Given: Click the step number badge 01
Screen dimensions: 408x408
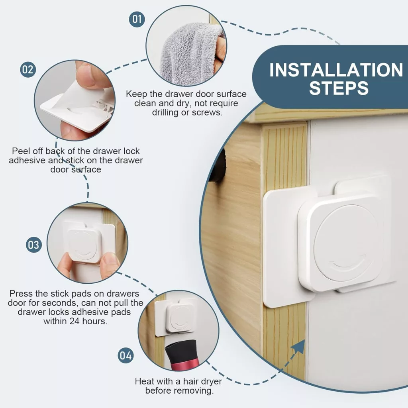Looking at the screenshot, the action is tap(137, 19).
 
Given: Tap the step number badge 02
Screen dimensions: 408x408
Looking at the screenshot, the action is tap(28, 69).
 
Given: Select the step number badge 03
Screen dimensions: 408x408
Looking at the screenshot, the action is tap(34, 245).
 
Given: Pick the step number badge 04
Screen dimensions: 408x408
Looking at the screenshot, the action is tap(126, 355).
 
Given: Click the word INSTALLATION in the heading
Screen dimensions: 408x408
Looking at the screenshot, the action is tap(336, 70).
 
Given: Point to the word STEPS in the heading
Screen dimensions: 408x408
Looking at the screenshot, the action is tap(339, 88).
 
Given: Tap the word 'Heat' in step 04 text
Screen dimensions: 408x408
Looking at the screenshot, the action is tap(145, 381).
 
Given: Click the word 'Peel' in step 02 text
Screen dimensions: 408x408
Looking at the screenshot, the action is tap(21, 151).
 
